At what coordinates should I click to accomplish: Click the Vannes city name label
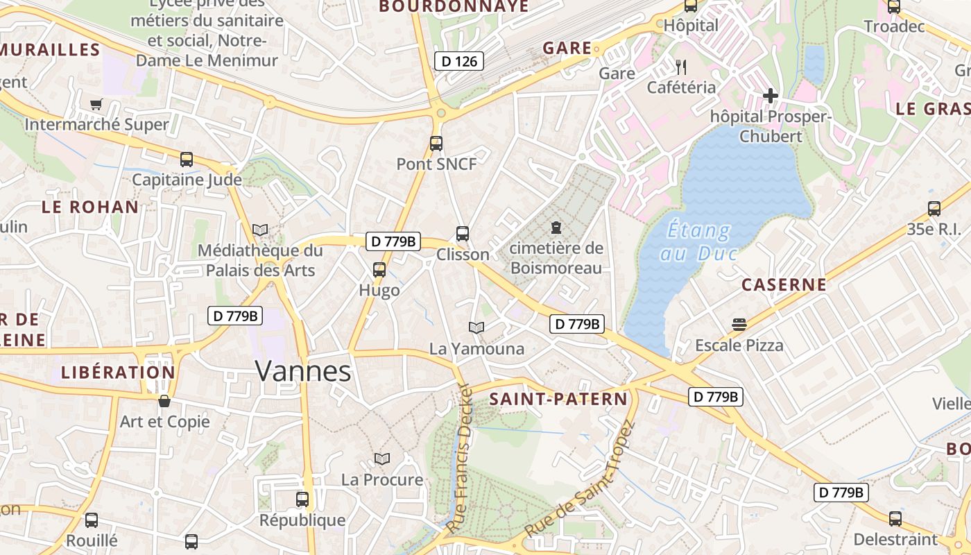pyautogui.click(x=303, y=372)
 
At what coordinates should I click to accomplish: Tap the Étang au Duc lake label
pyautogui.click(x=698, y=241)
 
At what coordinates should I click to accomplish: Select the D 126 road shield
pyautogui.click(x=458, y=61)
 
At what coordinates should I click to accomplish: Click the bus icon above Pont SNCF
pyautogui.click(x=436, y=144)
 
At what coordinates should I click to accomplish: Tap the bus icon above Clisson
pyautogui.click(x=463, y=234)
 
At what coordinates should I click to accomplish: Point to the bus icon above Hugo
pyautogui.click(x=379, y=270)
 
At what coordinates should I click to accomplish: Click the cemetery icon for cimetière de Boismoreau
pyautogui.click(x=556, y=227)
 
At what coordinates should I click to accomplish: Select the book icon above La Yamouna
pyautogui.click(x=476, y=327)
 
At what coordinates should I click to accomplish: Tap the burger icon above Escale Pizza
pyautogui.click(x=739, y=325)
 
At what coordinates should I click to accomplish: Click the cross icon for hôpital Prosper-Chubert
pyautogui.click(x=770, y=96)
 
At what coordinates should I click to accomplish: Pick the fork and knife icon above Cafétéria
pyautogui.click(x=681, y=67)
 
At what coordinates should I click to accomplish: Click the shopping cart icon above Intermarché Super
pyautogui.click(x=96, y=104)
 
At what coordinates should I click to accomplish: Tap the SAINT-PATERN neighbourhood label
pyautogui.click(x=558, y=399)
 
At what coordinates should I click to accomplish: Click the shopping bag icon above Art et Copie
pyautogui.click(x=164, y=401)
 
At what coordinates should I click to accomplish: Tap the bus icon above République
pyautogui.click(x=302, y=499)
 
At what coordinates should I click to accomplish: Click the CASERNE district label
pyautogui.click(x=784, y=284)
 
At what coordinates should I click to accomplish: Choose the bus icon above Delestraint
pyautogui.click(x=895, y=518)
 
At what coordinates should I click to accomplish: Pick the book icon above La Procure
pyautogui.click(x=382, y=459)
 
